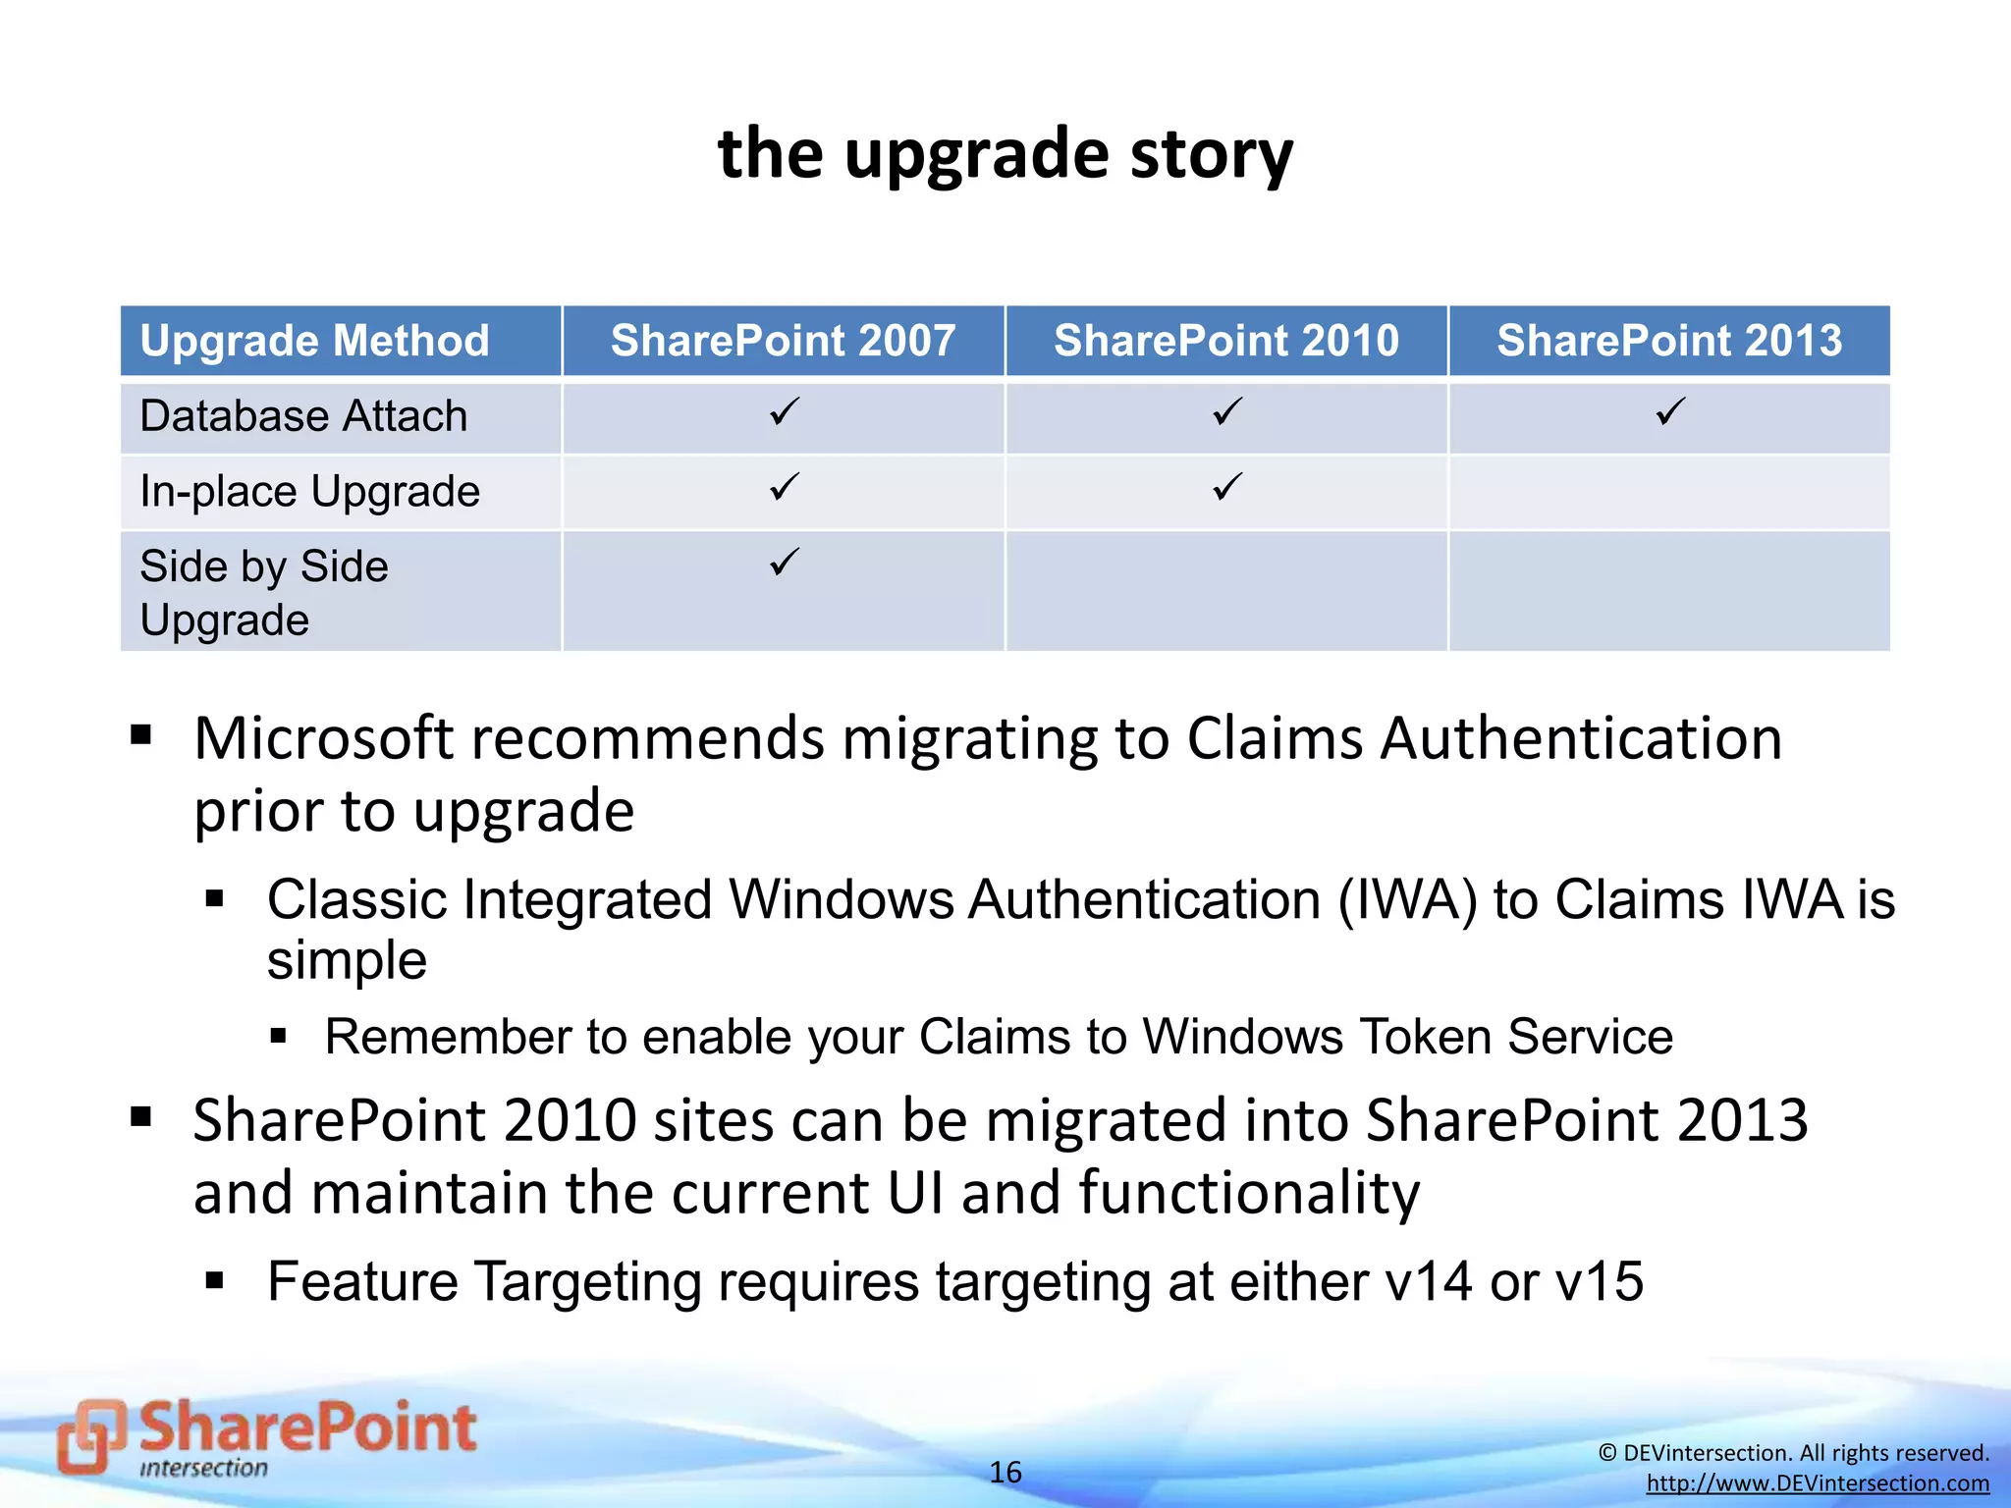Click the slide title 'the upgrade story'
1005,154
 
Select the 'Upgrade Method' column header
314,341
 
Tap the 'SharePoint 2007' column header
783,341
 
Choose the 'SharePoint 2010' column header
1226,341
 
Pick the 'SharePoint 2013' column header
1669,341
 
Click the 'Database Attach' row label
303,416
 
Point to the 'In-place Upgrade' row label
309,491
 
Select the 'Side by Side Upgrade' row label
263,592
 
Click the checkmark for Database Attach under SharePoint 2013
1670,411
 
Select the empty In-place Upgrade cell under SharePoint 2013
1669,492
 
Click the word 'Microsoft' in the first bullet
324,738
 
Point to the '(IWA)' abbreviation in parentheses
1407,900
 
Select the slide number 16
1005,1472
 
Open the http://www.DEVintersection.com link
1818,1483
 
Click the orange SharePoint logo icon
91,1436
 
